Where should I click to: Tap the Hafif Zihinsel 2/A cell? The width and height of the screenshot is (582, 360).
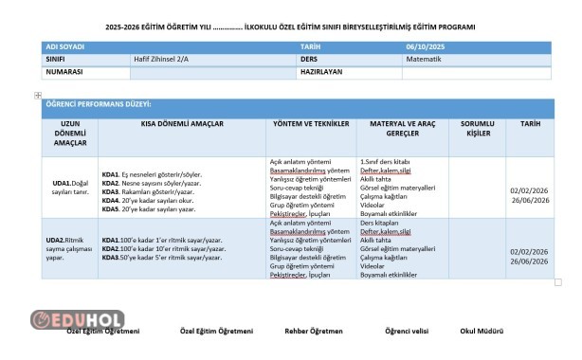(163, 58)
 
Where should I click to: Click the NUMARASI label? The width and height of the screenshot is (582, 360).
(64, 71)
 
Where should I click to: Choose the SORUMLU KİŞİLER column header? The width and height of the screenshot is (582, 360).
(478, 129)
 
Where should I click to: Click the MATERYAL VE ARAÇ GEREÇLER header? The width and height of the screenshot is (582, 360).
(398, 129)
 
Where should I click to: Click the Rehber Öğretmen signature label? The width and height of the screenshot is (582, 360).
(313, 332)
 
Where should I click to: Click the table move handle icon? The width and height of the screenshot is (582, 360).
(38, 95)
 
